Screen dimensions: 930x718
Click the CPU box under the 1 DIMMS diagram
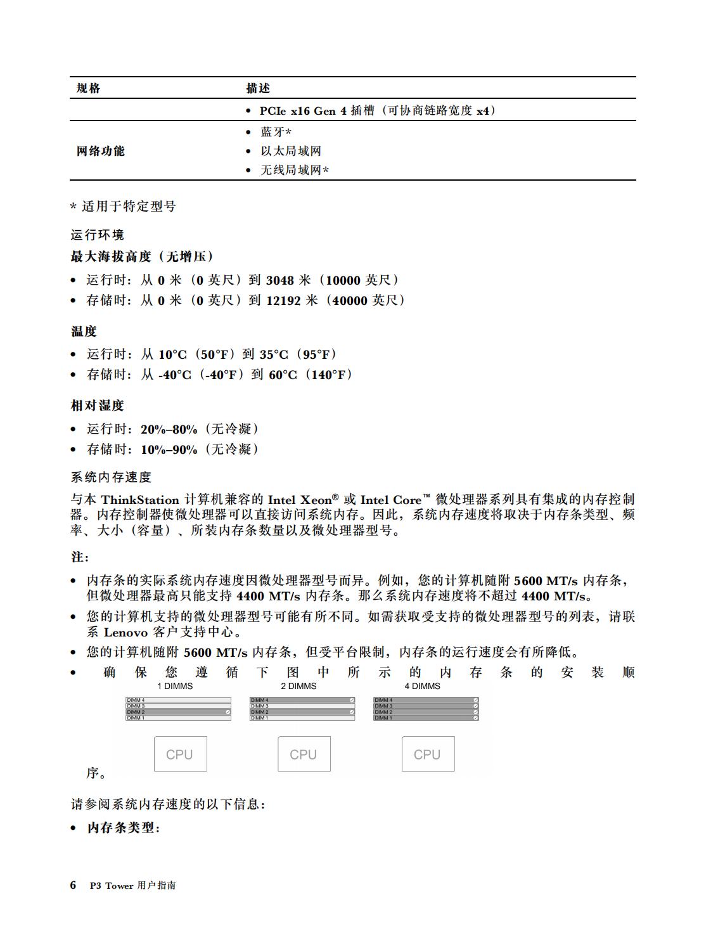(x=181, y=754)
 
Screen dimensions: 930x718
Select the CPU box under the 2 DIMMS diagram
(x=304, y=754)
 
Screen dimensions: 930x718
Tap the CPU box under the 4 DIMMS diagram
(x=428, y=754)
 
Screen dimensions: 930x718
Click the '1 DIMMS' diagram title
(x=175, y=686)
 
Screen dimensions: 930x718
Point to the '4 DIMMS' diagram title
(x=422, y=686)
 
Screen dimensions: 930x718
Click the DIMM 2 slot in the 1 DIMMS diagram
(x=178, y=712)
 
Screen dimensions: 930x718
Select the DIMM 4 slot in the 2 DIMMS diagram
(x=302, y=701)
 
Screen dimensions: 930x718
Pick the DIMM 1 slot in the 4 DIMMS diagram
(x=426, y=718)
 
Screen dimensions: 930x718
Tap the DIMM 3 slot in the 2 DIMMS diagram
(x=302, y=706)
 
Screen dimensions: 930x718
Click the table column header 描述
(x=258, y=88)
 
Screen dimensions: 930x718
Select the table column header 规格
(x=88, y=88)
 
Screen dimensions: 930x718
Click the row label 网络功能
(x=100, y=151)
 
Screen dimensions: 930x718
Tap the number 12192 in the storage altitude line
(x=283, y=300)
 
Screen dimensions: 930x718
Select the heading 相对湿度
(x=97, y=406)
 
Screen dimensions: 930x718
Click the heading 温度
(x=84, y=332)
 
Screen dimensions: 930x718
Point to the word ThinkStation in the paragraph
(x=140, y=500)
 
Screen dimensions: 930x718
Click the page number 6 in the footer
(x=74, y=885)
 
